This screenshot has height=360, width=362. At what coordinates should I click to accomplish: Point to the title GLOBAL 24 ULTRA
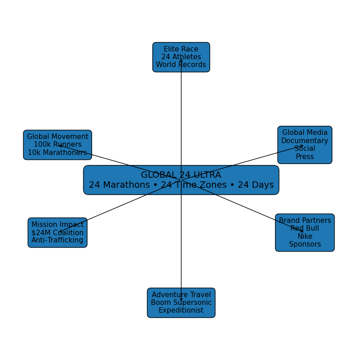click(181, 175)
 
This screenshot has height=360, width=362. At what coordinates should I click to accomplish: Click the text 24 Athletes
click(181, 57)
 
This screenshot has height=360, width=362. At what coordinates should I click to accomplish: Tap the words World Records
click(181, 65)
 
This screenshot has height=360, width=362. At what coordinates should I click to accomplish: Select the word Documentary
click(305, 141)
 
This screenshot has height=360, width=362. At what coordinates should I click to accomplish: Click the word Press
click(305, 157)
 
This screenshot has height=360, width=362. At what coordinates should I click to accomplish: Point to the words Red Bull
click(305, 228)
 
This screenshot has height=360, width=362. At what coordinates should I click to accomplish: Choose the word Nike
click(305, 237)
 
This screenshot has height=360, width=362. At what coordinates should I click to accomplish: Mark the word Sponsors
click(305, 244)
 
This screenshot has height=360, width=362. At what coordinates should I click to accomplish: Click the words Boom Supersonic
click(181, 303)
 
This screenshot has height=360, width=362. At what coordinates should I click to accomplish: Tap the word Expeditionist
click(181, 310)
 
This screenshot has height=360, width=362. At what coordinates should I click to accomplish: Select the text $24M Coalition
click(57, 232)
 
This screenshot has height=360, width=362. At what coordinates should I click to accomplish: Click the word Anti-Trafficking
click(57, 240)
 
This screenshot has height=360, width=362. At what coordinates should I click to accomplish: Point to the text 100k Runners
click(57, 144)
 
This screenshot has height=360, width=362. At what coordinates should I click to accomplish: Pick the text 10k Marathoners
click(57, 153)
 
